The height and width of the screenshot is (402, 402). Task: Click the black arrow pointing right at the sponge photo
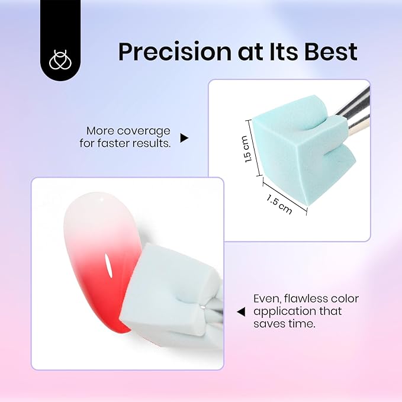(184, 138)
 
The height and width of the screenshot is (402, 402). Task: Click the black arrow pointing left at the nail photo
(241, 311)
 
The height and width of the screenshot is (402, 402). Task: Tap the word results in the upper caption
(152, 143)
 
